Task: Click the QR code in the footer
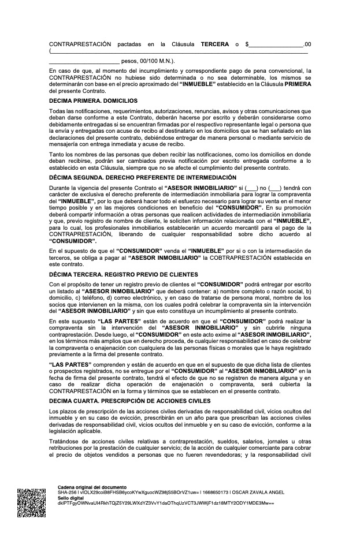(x=32, y=503)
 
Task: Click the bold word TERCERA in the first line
(x=214, y=44)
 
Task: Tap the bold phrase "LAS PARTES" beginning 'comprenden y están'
(x=69, y=365)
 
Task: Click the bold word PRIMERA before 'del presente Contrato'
(x=298, y=84)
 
